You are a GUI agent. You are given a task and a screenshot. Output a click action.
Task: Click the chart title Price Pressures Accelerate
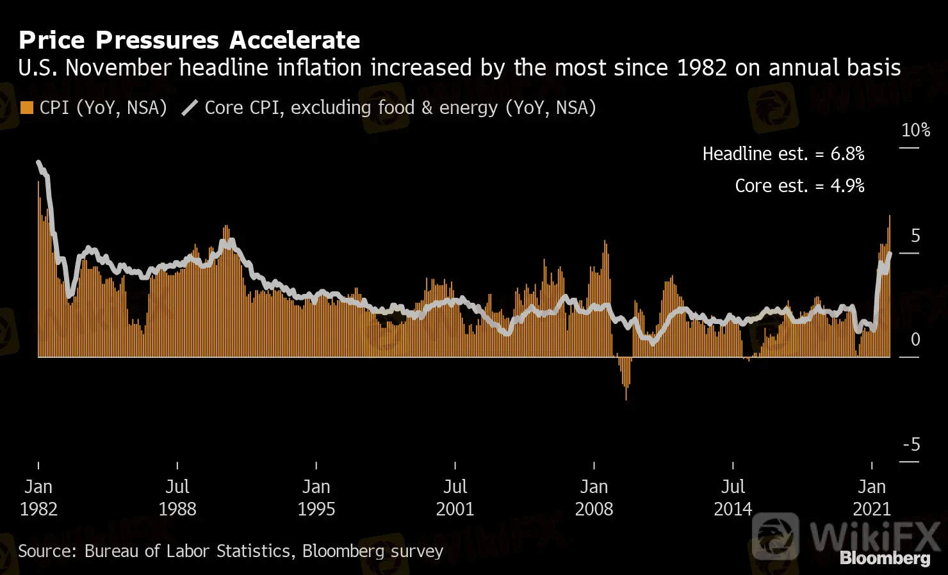point(189,40)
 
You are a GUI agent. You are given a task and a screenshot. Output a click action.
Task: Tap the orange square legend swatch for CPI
point(26,108)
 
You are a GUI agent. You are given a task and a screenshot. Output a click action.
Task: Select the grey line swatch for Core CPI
point(190,108)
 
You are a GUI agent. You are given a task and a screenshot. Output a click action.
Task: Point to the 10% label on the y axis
point(915,131)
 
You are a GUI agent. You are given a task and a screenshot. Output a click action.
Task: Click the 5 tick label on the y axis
point(915,236)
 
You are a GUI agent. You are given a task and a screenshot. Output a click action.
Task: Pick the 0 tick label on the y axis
point(915,339)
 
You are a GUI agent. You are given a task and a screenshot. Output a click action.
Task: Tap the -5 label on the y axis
point(911,444)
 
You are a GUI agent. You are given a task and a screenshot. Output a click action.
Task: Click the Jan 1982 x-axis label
point(38,498)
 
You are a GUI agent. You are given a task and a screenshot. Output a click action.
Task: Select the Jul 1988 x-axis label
point(177,498)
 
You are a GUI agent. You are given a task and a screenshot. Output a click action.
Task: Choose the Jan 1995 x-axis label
point(316,498)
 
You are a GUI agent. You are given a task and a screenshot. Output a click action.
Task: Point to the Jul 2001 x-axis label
point(455,498)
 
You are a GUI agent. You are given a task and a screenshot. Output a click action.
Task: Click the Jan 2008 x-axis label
point(594,498)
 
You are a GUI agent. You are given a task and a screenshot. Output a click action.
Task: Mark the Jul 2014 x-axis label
point(733,498)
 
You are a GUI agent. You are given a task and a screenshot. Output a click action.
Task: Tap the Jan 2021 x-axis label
point(872,498)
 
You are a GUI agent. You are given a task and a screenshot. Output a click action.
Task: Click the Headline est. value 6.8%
point(847,154)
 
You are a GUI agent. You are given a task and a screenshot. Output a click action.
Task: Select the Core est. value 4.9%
point(847,186)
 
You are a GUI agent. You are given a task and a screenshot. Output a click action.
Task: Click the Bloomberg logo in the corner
point(885,558)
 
